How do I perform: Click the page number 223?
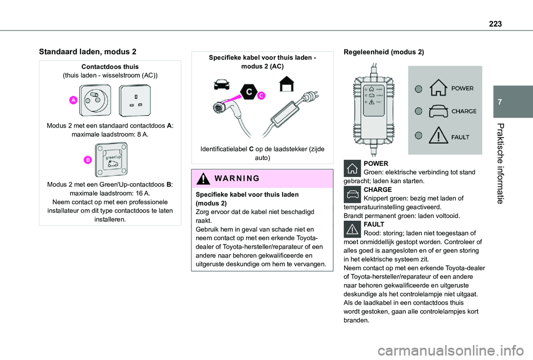click(495, 24)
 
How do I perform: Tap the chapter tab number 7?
click(499, 102)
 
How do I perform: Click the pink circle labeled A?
click(73, 100)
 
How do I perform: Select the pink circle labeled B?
click(88, 160)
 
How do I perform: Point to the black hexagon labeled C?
click(249, 92)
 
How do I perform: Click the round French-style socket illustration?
click(95, 100)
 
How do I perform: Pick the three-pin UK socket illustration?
click(135, 100)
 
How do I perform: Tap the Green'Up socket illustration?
click(111, 159)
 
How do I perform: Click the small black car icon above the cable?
click(222, 84)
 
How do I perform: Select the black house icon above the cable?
click(287, 84)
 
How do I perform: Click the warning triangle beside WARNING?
click(203, 178)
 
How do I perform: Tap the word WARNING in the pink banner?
click(237, 178)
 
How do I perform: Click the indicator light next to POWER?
click(419, 89)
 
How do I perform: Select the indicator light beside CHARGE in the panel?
click(419, 111)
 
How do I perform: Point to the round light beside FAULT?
click(419, 135)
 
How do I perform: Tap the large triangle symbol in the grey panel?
click(439, 135)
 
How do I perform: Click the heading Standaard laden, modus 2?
click(88, 52)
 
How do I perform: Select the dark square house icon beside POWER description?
click(352, 168)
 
